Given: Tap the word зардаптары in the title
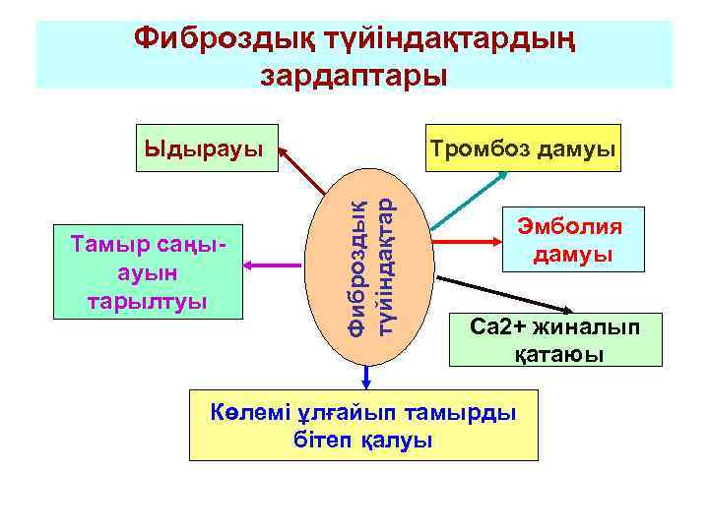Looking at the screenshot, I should pyautogui.click(x=354, y=75).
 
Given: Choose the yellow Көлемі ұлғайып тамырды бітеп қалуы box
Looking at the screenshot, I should pyautogui.click(x=363, y=425).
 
